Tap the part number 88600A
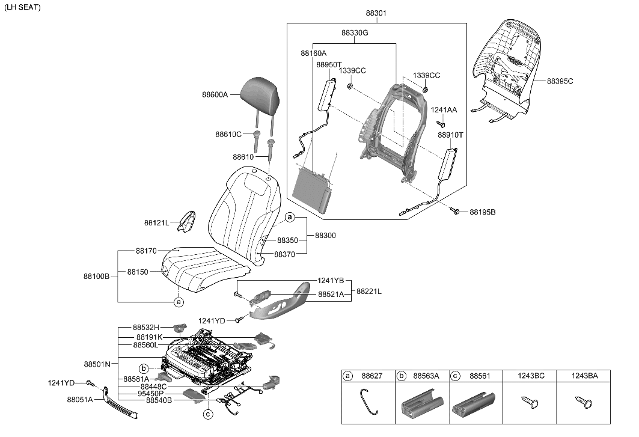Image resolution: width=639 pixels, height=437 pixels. [215, 94]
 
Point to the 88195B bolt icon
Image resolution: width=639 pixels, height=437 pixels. [456, 211]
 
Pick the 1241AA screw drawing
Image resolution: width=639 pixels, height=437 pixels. [440, 124]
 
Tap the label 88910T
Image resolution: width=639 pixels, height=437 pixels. [450, 135]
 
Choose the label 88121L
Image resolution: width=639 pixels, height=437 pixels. [157, 222]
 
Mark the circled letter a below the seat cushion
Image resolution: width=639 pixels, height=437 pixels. [179, 302]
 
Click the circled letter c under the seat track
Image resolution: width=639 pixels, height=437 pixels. [207, 414]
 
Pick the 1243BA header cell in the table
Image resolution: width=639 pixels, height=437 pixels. [584, 376]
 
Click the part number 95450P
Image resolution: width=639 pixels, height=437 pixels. [152, 394]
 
